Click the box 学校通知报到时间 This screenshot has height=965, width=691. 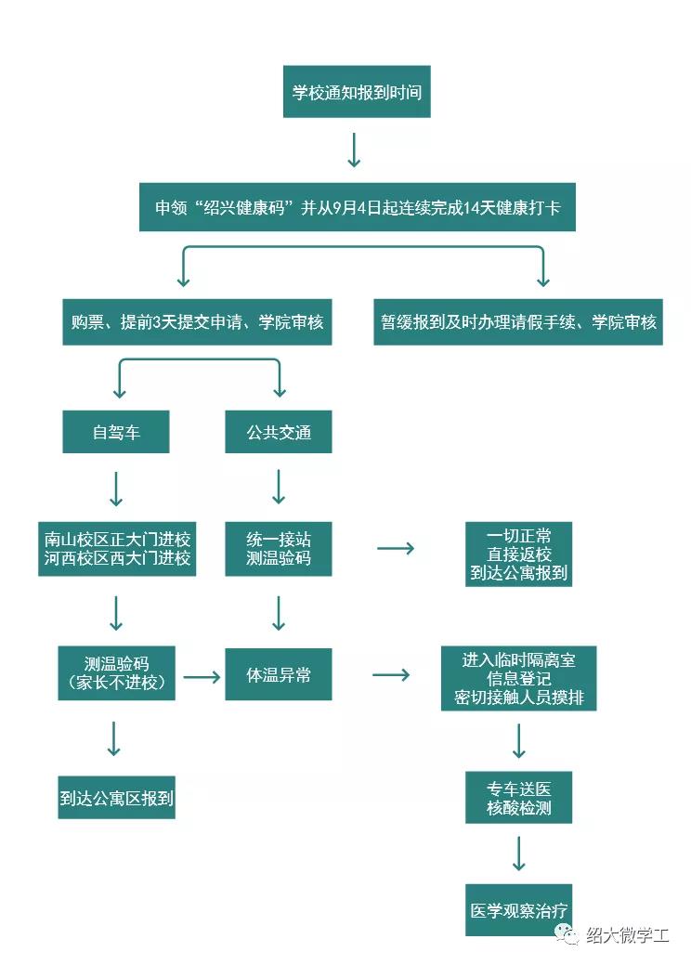tap(357, 93)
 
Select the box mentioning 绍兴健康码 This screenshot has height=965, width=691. tap(358, 206)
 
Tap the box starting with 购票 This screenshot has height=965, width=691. tap(197, 321)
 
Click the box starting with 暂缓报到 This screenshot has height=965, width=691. tap(518, 321)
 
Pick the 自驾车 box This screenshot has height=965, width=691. tap(116, 432)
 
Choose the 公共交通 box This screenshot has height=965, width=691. tap(279, 432)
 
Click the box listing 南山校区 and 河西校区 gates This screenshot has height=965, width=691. tap(117, 549)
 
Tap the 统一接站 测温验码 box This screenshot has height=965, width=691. tap(279, 549)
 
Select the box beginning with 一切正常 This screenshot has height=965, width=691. tap(518, 554)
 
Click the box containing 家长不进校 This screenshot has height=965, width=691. tap(116, 673)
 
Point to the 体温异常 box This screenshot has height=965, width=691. tap(279, 675)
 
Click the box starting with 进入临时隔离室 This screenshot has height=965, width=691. tap(518, 679)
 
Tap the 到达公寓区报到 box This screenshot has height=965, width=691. tap(116, 797)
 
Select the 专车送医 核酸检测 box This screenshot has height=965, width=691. tap(518, 797)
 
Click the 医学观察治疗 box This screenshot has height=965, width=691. tap(518, 911)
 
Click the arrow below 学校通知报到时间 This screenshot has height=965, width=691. tap(354, 150)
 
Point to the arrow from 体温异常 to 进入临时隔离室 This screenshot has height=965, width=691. tap(391, 675)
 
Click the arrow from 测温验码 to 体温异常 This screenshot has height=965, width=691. tap(202, 676)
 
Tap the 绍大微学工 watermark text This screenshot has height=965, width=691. tap(627, 934)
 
